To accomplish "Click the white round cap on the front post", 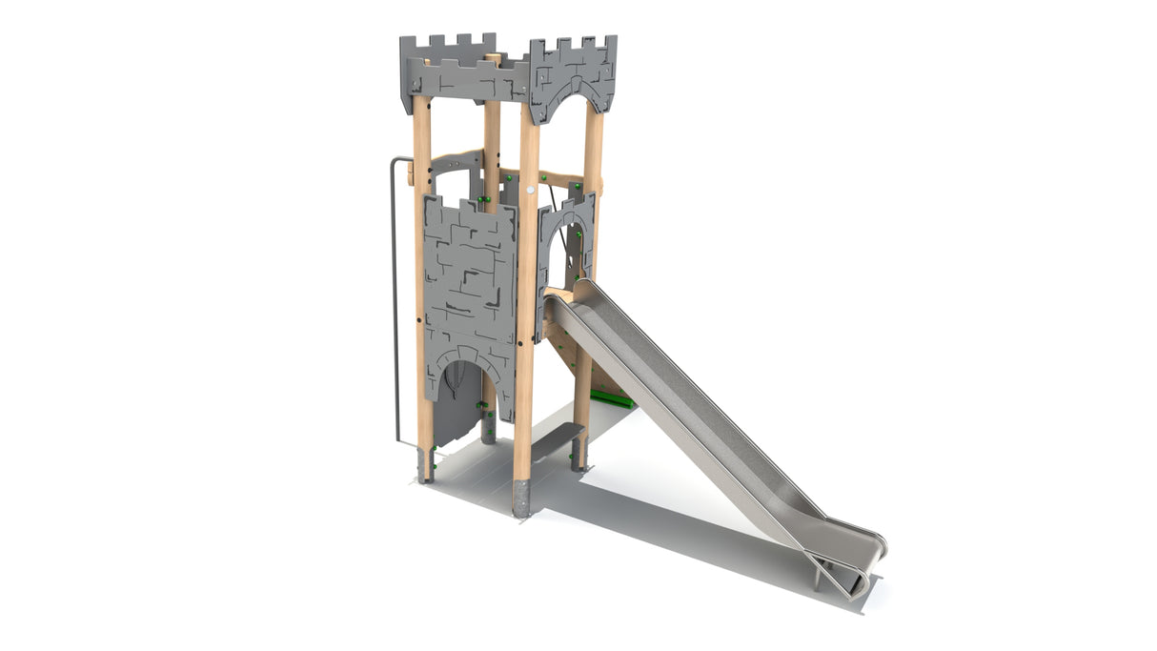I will point(531,189).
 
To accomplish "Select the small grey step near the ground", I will point(557,439).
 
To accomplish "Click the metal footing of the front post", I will point(520,498).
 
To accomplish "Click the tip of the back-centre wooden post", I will point(493,58).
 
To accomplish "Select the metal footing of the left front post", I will point(425,467).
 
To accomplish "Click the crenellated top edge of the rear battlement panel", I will point(448,43).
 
